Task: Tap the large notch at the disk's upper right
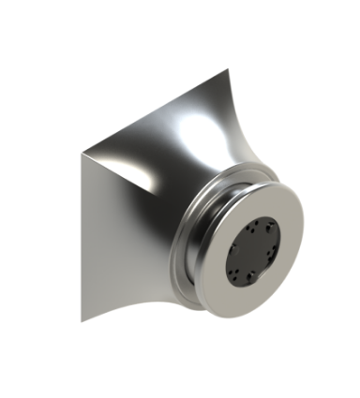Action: pos(273,228)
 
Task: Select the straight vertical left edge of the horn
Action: pos(82,234)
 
